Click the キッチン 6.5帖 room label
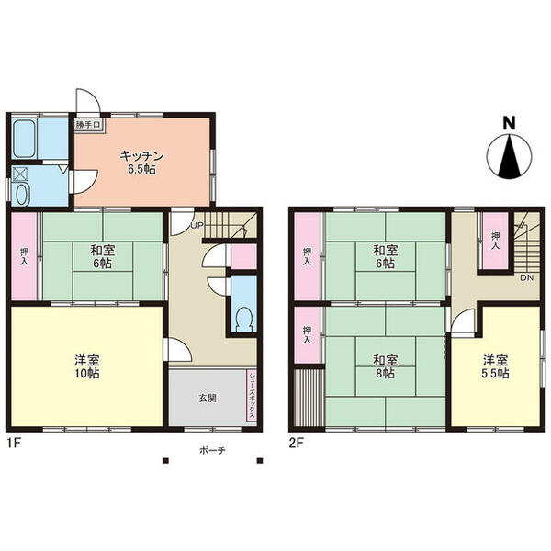141,163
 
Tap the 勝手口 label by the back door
88,125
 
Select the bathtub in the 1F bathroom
24,139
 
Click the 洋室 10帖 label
87,366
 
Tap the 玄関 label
208,399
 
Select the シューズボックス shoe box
253,395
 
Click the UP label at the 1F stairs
197,225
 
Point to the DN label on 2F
527,277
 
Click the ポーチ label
212,451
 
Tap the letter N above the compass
509,123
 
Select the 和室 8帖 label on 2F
385,366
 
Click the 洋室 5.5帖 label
495,366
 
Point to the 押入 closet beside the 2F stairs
496,241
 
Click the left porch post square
165,461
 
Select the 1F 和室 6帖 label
103,257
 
